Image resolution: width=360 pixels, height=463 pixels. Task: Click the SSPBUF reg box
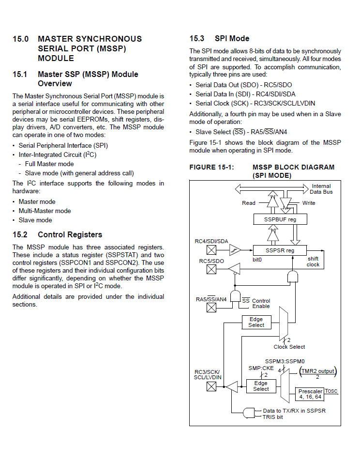click(280, 219)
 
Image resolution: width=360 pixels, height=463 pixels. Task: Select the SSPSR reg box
click(280, 250)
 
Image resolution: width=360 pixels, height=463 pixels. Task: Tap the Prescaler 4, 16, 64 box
click(310, 394)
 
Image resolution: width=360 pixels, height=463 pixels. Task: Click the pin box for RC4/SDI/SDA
click(211, 250)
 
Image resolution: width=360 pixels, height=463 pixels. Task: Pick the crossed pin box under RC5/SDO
click(211, 269)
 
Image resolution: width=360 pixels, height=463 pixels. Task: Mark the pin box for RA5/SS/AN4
click(211, 308)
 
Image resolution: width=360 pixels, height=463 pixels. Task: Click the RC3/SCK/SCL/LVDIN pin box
click(211, 386)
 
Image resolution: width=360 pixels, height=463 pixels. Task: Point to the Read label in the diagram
click(248, 203)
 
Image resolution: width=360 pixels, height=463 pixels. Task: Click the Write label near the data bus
click(309, 203)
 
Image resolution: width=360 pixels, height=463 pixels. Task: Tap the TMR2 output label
click(318, 371)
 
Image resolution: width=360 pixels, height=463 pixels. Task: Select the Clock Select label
click(289, 347)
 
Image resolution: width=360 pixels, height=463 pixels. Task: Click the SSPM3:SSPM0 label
click(285, 361)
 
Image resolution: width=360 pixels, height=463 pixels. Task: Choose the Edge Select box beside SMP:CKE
click(261, 386)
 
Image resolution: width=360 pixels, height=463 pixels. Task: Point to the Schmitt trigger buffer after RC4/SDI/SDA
click(235, 250)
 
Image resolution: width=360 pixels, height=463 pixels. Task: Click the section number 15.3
click(197, 38)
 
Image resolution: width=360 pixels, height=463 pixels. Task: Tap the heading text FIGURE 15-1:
click(211, 167)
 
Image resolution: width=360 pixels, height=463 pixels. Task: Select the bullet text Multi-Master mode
click(45, 211)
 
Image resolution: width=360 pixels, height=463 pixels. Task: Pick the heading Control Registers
click(70, 234)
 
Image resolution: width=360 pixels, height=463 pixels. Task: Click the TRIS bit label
click(272, 417)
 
